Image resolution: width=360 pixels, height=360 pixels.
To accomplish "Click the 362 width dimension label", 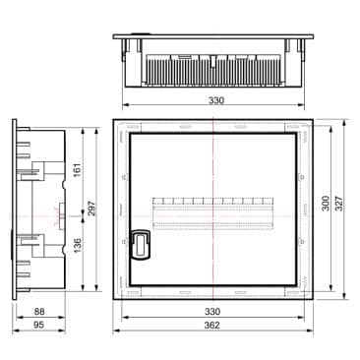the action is (x=212, y=325).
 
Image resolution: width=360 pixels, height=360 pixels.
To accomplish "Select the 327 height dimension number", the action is (x=339, y=204).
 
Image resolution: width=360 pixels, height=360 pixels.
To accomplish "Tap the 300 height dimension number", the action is (x=326, y=204).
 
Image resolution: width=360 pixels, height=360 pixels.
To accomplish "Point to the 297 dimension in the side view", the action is (x=91, y=209).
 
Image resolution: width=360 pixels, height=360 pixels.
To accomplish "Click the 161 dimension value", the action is (x=78, y=170).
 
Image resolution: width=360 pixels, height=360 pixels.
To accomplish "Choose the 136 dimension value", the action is (x=78, y=246).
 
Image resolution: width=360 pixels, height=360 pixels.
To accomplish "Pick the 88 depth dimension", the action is (x=39, y=311).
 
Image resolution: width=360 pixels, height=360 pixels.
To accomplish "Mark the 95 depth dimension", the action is (x=38, y=325).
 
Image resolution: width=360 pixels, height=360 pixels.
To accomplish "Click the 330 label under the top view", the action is (x=216, y=100).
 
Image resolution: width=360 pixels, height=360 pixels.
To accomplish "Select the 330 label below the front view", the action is (x=212, y=311).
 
